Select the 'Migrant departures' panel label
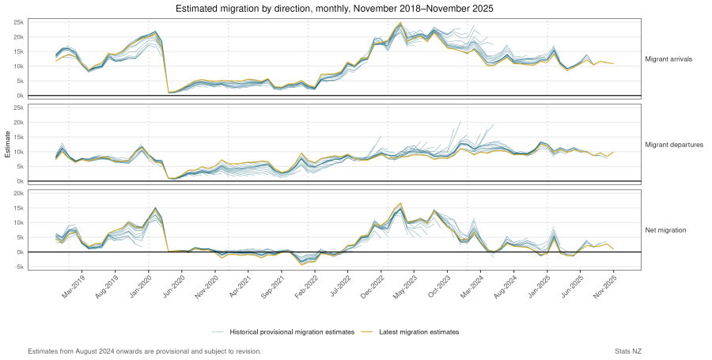point(675,145)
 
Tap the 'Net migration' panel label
point(665,230)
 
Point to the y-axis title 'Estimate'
point(7,144)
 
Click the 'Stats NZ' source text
point(630,351)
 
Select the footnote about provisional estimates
point(144,351)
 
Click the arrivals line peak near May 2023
point(401,23)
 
